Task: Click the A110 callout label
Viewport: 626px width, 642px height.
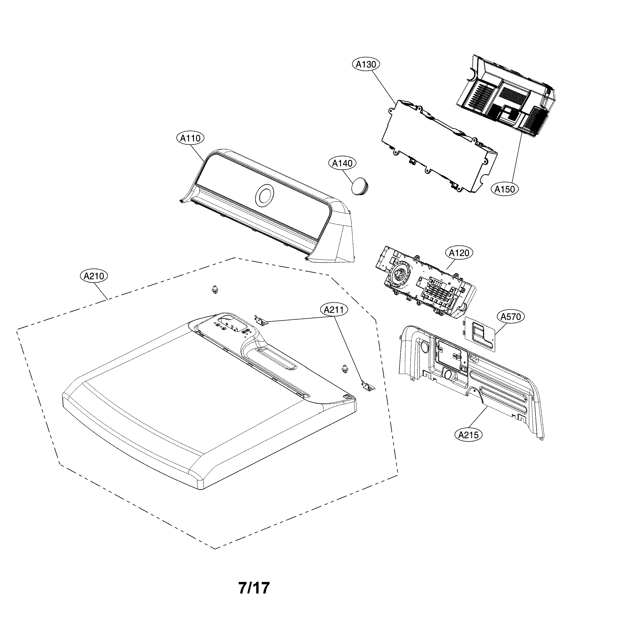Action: coord(190,138)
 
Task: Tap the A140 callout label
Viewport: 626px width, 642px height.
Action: coord(342,163)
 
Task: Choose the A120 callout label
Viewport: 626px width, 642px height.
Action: coord(459,253)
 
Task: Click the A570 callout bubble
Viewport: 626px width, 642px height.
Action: coord(511,317)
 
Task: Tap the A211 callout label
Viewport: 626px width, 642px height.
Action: coord(334,310)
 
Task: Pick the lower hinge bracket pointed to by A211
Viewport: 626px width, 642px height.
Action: coord(368,386)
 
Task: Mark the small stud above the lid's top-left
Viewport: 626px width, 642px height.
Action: coord(215,290)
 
